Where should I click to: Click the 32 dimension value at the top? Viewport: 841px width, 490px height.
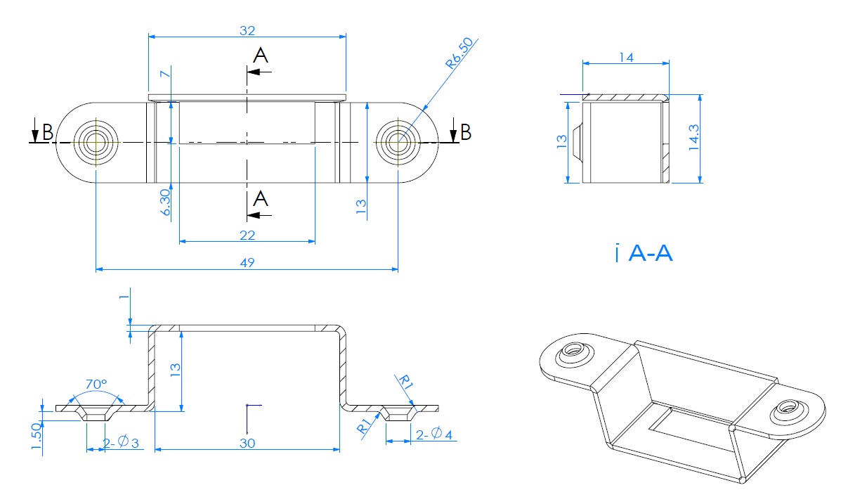pos(247,30)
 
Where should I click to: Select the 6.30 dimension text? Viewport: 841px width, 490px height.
pos(165,202)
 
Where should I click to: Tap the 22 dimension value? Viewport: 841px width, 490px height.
pos(247,234)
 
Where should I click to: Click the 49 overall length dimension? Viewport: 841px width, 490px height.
pos(247,262)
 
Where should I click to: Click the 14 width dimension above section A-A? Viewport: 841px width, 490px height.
pos(626,58)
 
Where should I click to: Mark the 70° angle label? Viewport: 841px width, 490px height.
pos(96,385)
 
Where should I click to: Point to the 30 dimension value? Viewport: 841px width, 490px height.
pos(247,443)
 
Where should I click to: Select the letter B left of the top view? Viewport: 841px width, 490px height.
pos(47,131)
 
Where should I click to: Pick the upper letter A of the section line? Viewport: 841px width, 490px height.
pos(261,56)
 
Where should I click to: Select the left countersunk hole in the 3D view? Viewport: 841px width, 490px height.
pos(572,351)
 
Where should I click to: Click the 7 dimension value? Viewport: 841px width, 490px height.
pos(164,74)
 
